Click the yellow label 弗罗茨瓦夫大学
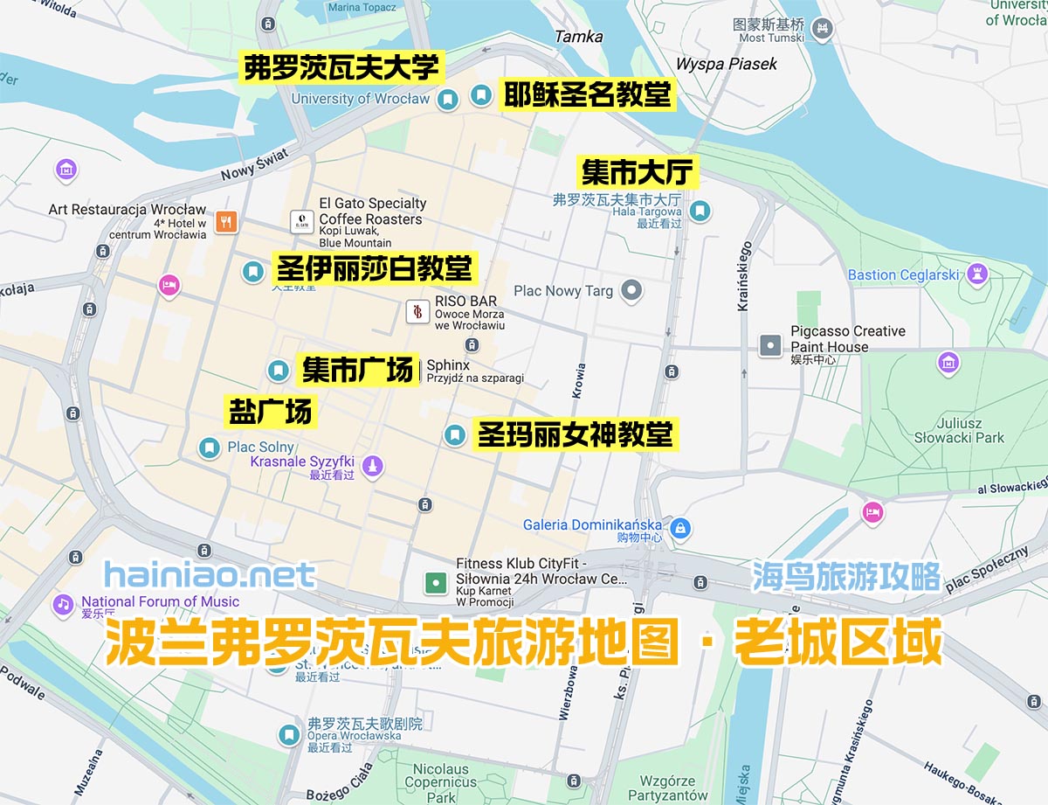(x=341, y=67)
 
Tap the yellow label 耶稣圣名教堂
(x=587, y=94)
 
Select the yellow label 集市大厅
(x=638, y=172)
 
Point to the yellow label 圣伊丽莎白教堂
(x=375, y=267)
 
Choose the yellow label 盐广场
(x=270, y=412)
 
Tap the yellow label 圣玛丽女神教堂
(x=575, y=434)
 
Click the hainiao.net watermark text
(x=210, y=575)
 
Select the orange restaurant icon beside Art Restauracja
(x=227, y=221)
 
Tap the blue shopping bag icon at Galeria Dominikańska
(x=681, y=527)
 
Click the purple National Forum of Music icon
(x=62, y=603)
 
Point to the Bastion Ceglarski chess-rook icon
(x=976, y=275)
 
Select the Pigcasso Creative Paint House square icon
(x=770, y=345)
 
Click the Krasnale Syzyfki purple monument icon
(x=373, y=466)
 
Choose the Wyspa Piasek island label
(x=726, y=64)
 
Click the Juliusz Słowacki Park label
(x=959, y=430)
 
